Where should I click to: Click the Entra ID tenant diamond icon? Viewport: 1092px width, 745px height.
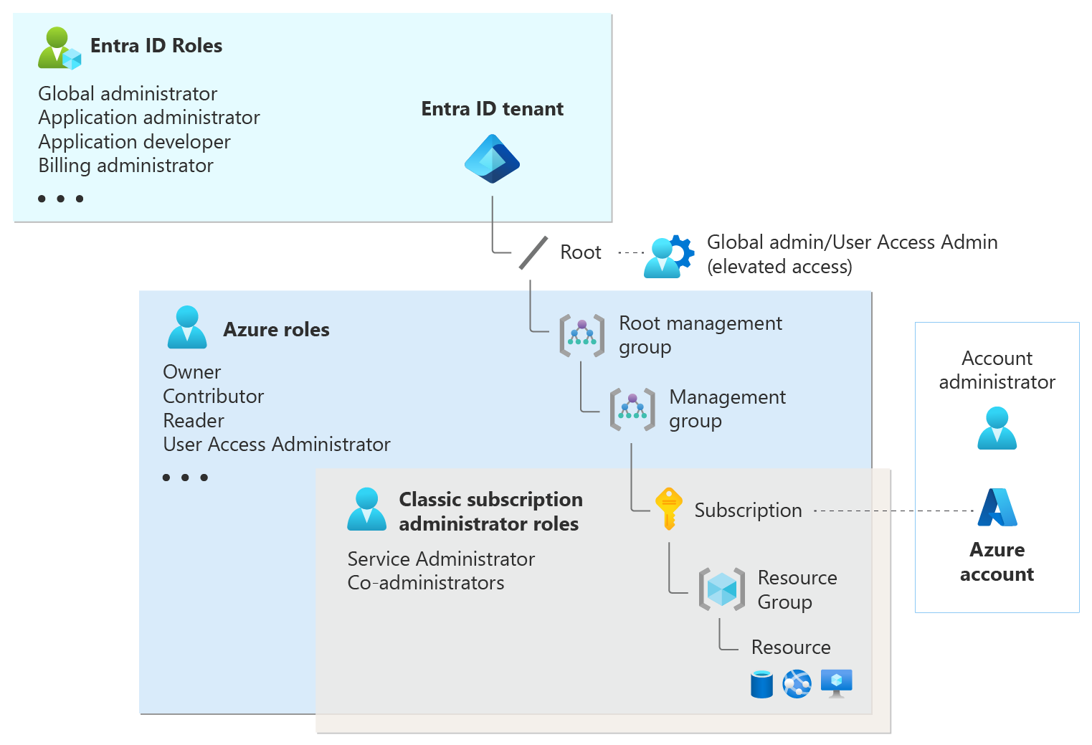point(492,159)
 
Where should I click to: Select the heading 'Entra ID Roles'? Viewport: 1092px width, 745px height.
point(156,46)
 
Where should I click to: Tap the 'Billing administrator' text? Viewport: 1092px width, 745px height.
point(125,166)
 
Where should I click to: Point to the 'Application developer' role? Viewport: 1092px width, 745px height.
point(134,142)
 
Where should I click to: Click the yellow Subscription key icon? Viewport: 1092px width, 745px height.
point(668,509)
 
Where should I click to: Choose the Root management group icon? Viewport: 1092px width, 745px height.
point(581,335)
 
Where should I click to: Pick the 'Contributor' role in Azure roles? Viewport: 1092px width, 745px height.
point(213,397)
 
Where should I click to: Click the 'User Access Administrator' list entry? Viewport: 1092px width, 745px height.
point(276,445)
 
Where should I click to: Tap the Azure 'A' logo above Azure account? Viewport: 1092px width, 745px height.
point(997,507)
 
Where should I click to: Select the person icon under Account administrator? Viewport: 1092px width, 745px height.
point(997,428)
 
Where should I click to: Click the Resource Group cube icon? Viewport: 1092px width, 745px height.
point(721,589)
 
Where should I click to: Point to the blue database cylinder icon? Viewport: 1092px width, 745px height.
point(761,684)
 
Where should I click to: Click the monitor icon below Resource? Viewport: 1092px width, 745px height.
point(836,683)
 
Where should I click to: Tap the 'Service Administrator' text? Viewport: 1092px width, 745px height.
point(441,559)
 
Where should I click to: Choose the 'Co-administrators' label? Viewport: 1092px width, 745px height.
point(426,583)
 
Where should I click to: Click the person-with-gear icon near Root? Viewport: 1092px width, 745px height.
point(668,257)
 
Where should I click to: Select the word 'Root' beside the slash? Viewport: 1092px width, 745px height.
point(580,252)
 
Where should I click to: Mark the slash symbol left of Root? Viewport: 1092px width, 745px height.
point(533,253)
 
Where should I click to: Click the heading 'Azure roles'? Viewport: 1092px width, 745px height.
point(276,330)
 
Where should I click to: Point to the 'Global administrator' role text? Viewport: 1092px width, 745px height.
point(128,94)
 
